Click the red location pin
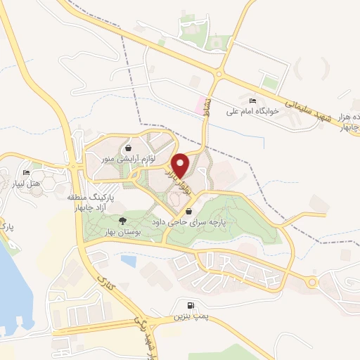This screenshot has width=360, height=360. (181, 165)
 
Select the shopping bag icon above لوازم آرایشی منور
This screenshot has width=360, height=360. (129, 148)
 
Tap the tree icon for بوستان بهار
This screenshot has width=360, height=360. (124, 202)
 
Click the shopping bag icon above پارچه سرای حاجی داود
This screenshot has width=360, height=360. (188, 211)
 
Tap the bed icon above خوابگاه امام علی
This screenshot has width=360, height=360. (253, 101)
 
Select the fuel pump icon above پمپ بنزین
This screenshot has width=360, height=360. (192, 308)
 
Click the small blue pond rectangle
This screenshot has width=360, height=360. (129, 261)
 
